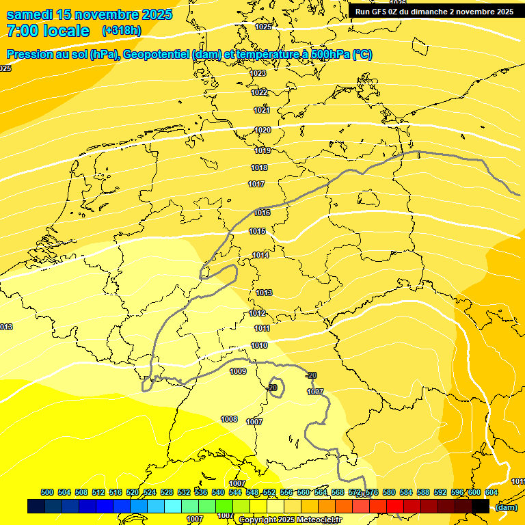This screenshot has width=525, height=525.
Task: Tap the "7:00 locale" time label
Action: (48, 31)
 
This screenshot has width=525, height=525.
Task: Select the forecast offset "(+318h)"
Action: (121, 31)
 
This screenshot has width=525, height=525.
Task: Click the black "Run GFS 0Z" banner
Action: (434, 12)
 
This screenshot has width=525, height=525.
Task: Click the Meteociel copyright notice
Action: (290, 520)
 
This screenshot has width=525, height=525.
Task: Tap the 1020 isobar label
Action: (262, 130)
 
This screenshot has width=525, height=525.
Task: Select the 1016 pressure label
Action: (262, 213)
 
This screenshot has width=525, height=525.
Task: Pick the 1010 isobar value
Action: (259, 346)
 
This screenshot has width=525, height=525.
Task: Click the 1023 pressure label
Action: (258, 73)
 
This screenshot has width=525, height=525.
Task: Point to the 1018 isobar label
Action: (259, 167)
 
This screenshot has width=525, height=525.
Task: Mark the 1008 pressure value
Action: (229, 419)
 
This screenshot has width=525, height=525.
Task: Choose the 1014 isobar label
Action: (260, 256)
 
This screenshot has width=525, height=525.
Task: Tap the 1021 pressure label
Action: (262, 110)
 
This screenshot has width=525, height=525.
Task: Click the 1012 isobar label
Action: (257, 313)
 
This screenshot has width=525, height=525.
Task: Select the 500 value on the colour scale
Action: (47, 492)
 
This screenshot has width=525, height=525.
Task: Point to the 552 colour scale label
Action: (269, 492)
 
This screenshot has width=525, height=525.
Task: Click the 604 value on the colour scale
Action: (492, 492)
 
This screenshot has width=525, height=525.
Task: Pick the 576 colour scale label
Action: (372, 492)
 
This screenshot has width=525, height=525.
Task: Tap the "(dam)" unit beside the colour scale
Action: (506, 507)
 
